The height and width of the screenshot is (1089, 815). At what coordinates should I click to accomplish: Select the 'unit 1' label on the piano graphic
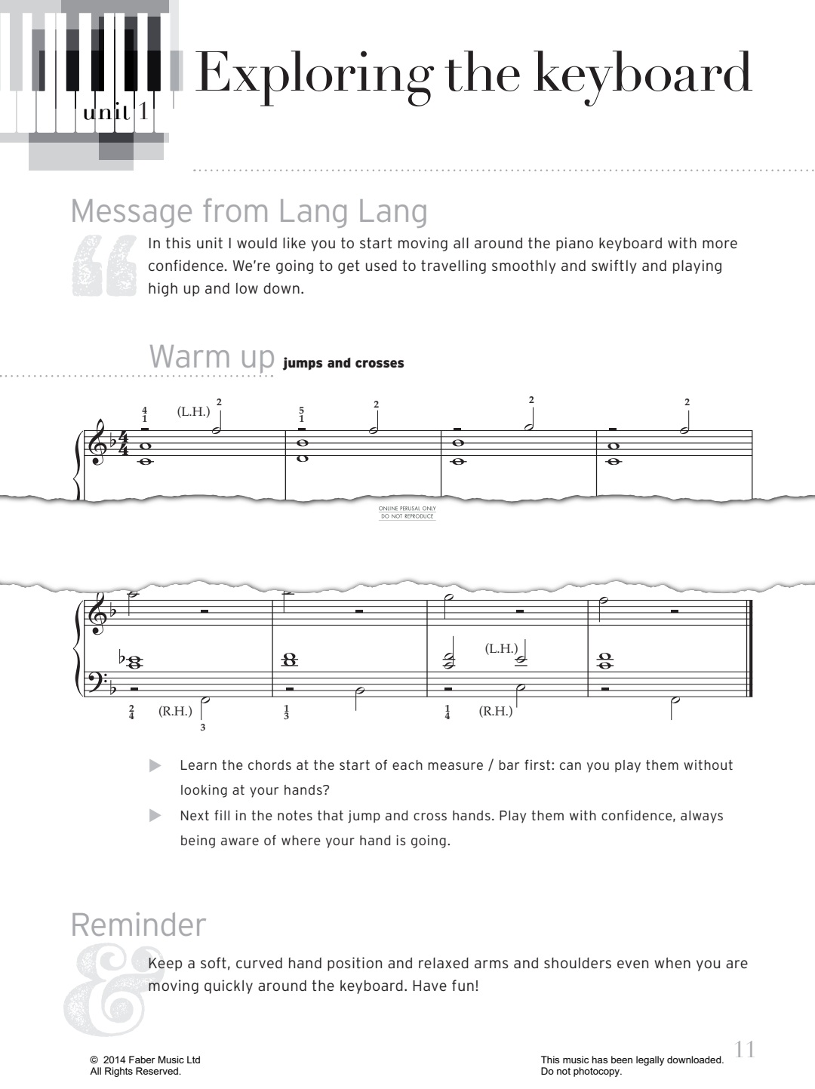click(117, 113)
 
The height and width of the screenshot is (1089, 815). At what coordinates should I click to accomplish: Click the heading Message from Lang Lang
click(249, 211)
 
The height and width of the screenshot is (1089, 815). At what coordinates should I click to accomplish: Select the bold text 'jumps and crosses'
click(343, 363)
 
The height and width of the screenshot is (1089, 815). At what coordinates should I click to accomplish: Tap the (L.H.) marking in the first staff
click(193, 412)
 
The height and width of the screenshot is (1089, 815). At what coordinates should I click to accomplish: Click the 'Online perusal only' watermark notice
click(407, 512)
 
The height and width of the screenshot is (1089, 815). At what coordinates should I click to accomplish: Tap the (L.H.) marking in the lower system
click(501, 648)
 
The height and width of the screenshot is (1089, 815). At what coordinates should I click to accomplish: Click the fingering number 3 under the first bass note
click(202, 728)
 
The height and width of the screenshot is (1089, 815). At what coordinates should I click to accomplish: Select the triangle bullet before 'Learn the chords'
click(155, 766)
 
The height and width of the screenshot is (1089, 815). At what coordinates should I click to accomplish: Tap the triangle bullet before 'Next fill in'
click(155, 816)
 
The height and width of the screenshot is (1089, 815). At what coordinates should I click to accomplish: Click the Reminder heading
click(138, 925)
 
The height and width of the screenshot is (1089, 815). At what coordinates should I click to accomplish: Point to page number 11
click(744, 1050)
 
